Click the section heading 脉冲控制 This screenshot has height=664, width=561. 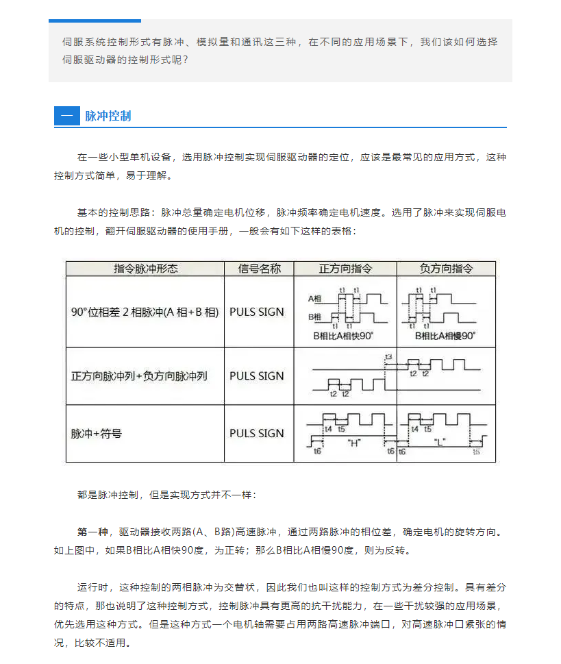coord(108,116)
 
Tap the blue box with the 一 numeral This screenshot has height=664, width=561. coord(66,116)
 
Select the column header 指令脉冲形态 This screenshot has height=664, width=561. coord(145,268)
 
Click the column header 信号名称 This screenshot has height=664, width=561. coord(259,268)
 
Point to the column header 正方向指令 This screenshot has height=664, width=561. coord(345,268)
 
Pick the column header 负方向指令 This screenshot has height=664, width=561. coord(446,268)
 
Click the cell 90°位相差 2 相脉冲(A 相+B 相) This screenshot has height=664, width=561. coord(145,312)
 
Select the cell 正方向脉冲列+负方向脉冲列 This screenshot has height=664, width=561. coord(139,376)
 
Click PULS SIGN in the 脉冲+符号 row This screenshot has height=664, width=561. coord(256,433)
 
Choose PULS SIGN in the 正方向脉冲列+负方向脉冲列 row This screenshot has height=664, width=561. coord(256,376)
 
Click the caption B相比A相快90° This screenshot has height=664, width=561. coord(342,336)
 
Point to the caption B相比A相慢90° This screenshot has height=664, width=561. coord(446,336)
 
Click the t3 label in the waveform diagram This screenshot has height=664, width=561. coord(388,357)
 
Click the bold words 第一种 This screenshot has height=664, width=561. coord(92,531)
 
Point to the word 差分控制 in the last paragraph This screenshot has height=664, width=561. coord(432,587)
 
